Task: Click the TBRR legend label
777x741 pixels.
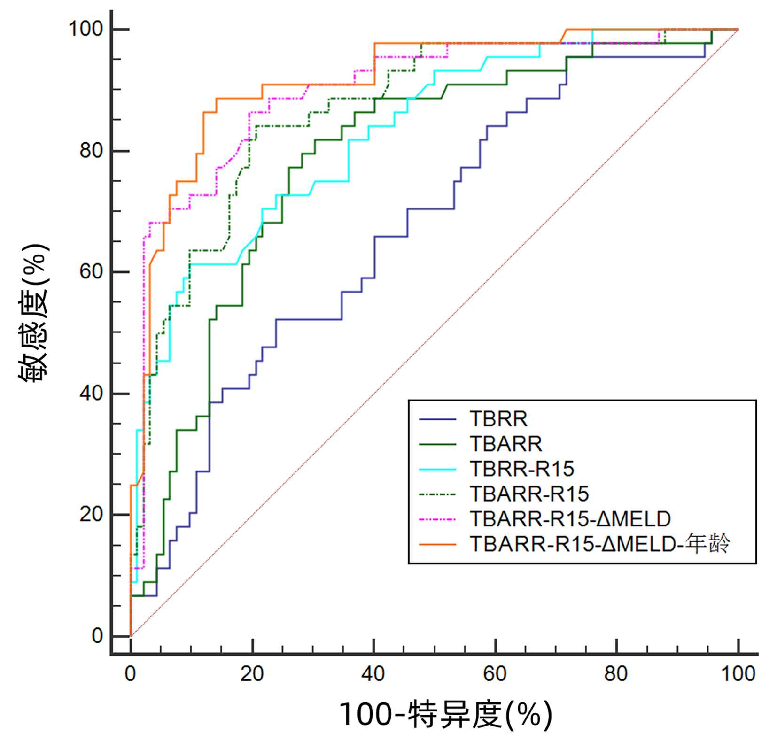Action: point(498,419)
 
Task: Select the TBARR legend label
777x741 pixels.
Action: point(505,444)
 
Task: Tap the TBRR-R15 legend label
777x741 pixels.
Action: point(521,469)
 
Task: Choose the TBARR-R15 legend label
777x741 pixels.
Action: point(529,494)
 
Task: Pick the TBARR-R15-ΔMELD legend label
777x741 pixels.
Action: point(570,519)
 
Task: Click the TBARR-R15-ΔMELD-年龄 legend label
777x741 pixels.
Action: point(600,544)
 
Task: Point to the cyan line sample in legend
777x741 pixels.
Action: point(437,469)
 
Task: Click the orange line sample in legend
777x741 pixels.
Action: point(437,544)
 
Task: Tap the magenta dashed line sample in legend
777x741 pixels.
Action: point(437,519)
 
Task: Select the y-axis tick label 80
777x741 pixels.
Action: point(91,151)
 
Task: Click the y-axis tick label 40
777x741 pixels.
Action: point(91,394)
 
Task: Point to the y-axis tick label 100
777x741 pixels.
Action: point(86,29)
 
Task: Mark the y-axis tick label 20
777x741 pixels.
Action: point(91,515)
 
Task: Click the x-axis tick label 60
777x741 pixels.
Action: point(495,674)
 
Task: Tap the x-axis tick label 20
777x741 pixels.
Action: point(252,674)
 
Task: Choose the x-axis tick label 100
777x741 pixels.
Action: point(738,674)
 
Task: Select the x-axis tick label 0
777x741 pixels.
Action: point(131,674)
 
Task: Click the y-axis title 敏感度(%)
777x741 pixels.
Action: point(34,313)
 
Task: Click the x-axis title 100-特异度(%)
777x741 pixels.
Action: point(445,715)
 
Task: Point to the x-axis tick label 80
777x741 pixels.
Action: point(616,674)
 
